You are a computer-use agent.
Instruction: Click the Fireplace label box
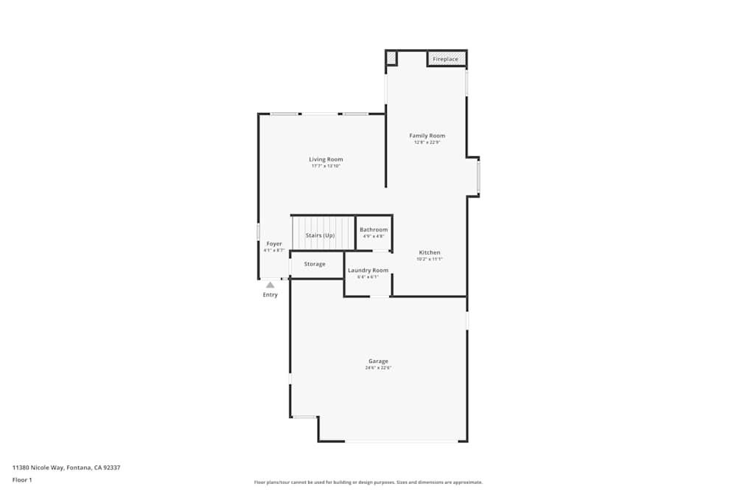click(446, 58)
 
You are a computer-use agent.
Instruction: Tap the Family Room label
click(427, 136)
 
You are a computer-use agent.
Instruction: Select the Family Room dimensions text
click(427, 142)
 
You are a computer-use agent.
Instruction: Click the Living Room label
click(326, 159)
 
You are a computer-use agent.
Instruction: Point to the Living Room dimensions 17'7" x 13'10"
click(326, 166)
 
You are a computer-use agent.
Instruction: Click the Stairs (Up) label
click(320, 235)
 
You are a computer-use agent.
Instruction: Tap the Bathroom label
click(374, 230)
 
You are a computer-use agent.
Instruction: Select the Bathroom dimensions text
click(374, 237)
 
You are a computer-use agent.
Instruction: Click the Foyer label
click(274, 243)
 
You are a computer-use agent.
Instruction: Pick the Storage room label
click(315, 264)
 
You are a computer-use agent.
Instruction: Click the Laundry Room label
click(368, 270)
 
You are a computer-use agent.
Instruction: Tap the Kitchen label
click(430, 252)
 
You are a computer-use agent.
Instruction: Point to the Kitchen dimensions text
click(430, 259)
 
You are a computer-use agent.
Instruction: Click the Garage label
click(378, 361)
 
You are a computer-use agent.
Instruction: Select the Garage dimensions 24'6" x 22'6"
click(378, 367)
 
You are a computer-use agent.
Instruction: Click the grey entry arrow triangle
click(270, 285)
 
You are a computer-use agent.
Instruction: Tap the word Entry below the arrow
click(270, 295)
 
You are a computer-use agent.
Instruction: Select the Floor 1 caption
click(22, 479)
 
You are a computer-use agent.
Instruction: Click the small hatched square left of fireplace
click(391, 58)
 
